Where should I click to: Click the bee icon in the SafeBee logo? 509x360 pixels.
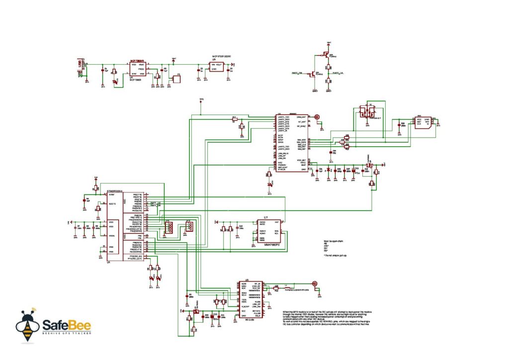(x=27, y=326)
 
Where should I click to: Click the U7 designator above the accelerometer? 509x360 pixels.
(x=265, y=218)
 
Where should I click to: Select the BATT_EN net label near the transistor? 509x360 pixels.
(x=297, y=74)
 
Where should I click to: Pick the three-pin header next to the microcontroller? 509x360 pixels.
(x=189, y=227)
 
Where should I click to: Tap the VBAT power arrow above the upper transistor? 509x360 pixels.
(x=328, y=43)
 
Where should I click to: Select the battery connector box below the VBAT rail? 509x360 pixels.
(x=175, y=79)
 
